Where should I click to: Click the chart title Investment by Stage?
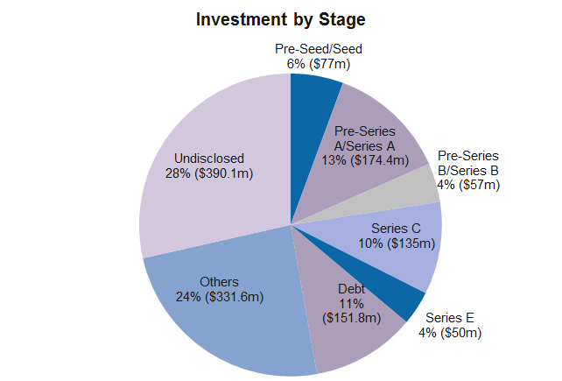(x=281, y=19)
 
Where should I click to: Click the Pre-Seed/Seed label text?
(x=319, y=49)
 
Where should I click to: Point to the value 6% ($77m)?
(x=319, y=64)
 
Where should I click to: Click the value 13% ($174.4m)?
(x=365, y=160)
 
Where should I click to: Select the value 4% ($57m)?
(x=468, y=185)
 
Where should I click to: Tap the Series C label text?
(x=396, y=229)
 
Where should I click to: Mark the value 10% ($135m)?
(x=397, y=243)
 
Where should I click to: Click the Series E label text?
(x=449, y=318)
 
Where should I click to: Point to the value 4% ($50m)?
(x=450, y=333)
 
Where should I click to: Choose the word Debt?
(x=351, y=289)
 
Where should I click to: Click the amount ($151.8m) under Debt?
(x=351, y=318)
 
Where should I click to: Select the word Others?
(x=219, y=282)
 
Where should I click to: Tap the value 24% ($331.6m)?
(x=220, y=297)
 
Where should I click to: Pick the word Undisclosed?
(x=209, y=159)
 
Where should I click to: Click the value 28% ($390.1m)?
(x=209, y=173)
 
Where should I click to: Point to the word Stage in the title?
(x=342, y=20)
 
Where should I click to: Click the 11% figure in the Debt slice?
(x=351, y=304)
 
